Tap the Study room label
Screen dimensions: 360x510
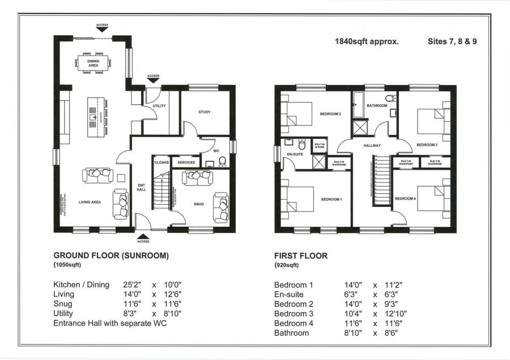(205, 112)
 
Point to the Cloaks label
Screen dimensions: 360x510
(161, 163)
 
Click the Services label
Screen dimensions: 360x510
(186, 163)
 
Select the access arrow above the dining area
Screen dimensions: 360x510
(102, 29)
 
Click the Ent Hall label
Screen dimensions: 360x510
(142, 187)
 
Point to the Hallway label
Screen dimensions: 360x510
(372, 146)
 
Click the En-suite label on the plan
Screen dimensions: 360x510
(294, 154)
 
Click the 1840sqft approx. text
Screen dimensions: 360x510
(367, 41)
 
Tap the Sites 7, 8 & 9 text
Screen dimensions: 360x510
(452, 41)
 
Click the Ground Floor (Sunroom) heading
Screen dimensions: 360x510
(110, 256)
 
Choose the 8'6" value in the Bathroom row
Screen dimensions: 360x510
(391, 333)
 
